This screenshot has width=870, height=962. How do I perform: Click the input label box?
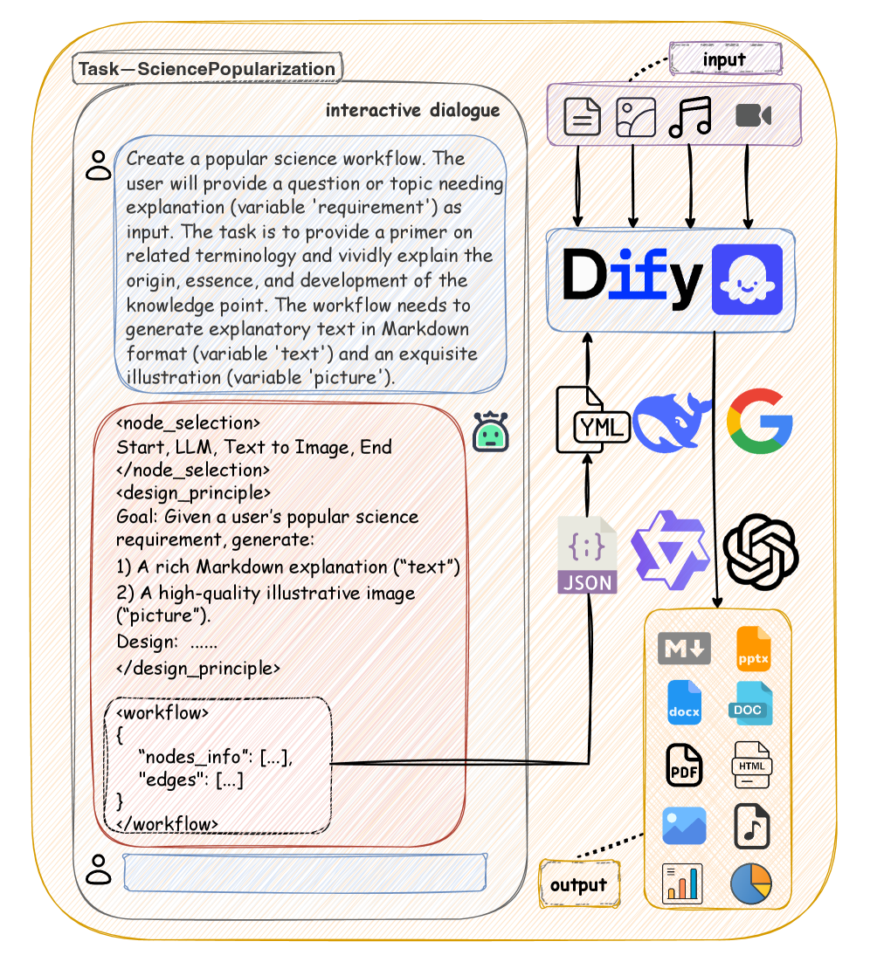[724, 60]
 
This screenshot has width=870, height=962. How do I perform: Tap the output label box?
[579, 884]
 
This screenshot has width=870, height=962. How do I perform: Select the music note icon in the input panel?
[690, 117]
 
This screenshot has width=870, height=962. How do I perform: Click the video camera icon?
[753, 115]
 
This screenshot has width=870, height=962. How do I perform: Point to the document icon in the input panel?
[582, 117]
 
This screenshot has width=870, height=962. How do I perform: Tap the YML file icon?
[591, 421]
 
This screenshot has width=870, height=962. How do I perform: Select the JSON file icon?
[588, 556]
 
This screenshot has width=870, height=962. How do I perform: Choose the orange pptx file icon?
[753, 648]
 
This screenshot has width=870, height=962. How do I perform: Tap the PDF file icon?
[683, 766]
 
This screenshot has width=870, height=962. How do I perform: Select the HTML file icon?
[751, 766]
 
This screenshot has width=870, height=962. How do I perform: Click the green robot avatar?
[490, 432]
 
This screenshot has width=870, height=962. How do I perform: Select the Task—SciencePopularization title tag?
[207, 69]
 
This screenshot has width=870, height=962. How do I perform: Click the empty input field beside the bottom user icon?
[304, 872]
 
